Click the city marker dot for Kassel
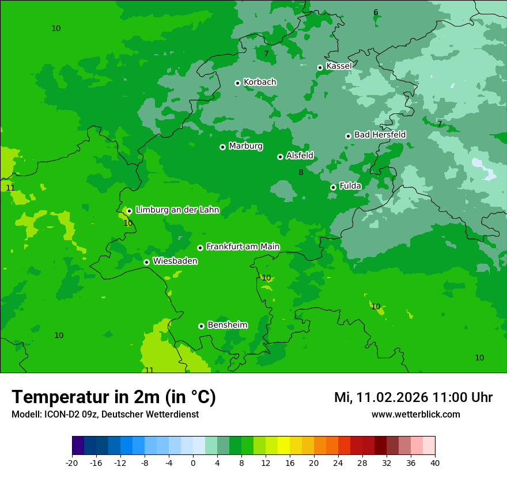click(x=320, y=67)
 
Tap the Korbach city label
click(x=260, y=82)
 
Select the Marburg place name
click(x=245, y=146)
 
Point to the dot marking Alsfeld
click(x=280, y=157)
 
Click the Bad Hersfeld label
click(x=380, y=135)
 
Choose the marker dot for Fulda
click(x=333, y=187)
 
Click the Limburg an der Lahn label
click(x=177, y=210)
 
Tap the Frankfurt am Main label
click(x=243, y=246)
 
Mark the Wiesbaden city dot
click(x=146, y=262)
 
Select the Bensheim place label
click(x=227, y=325)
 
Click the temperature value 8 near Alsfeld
click(x=301, y=172)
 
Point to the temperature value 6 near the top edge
click(x=376, y=13)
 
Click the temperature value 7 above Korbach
click(x=266, y=54)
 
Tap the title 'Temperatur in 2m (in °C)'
click(x=113, y=397)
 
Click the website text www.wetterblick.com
click(x=415, y=414)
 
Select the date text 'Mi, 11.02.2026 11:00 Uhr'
click(x=413, y=397)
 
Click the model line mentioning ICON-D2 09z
click(x=105, y=414)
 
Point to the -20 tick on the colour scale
click(x=72, y=463)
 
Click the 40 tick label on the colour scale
click(x=434, y=463)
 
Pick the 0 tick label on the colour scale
click(x=193, y=463)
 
